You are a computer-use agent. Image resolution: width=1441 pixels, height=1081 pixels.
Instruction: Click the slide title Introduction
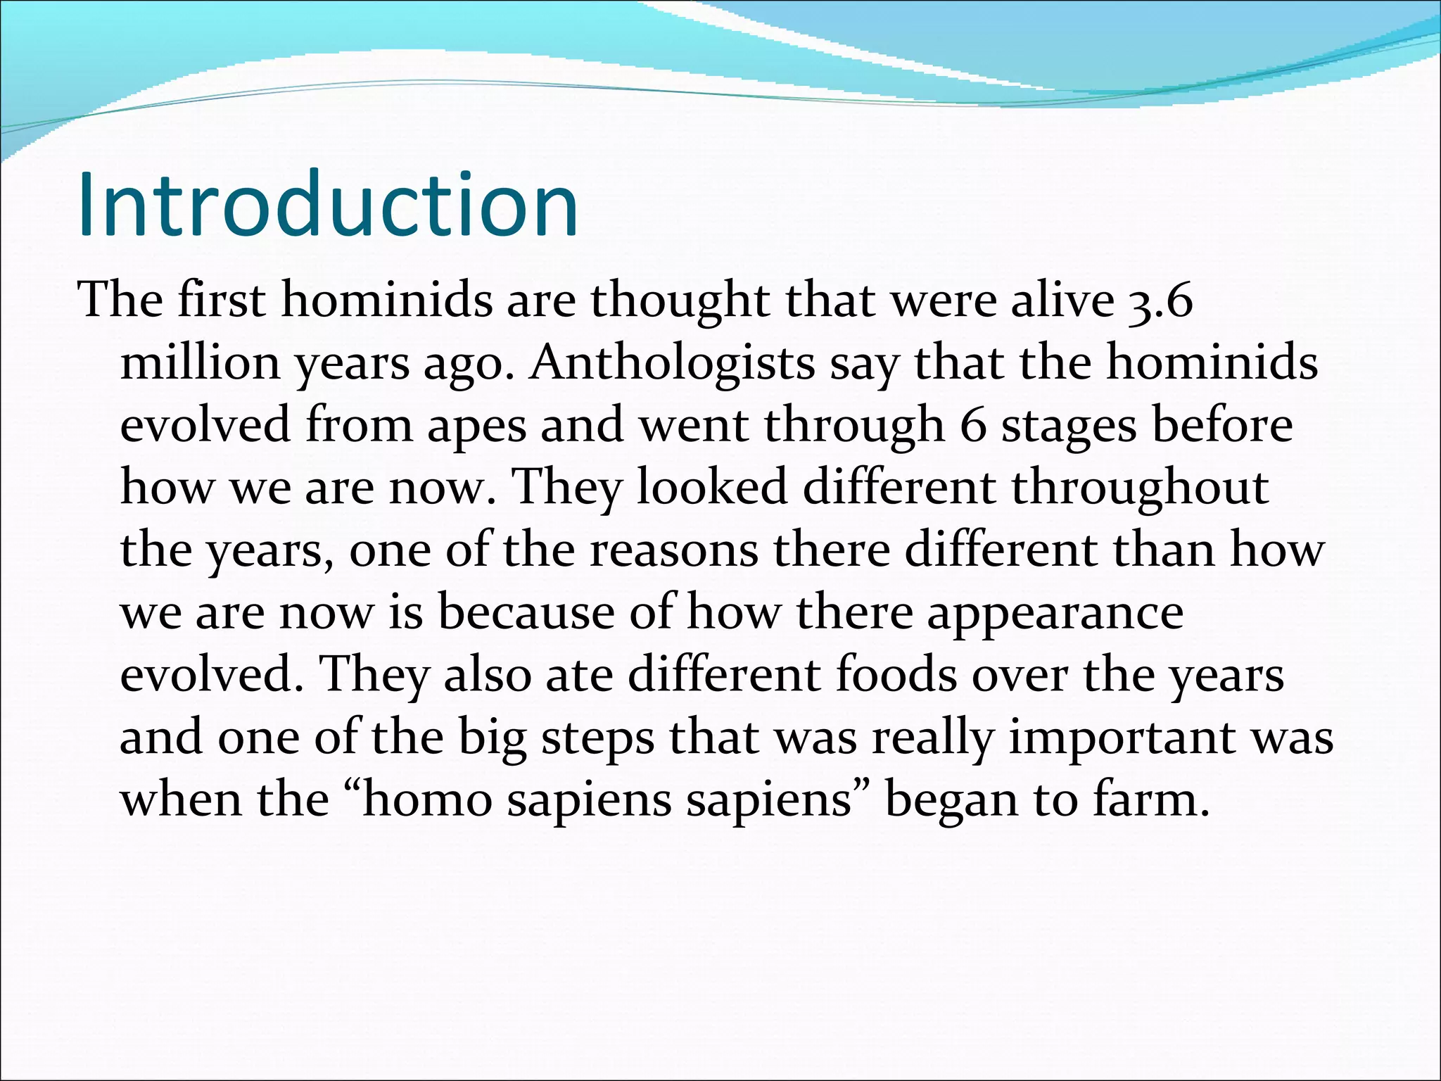[328, 206]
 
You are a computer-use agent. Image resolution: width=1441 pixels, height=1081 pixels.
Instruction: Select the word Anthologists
[672, 364]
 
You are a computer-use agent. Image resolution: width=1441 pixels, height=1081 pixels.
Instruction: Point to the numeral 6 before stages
[973, 426]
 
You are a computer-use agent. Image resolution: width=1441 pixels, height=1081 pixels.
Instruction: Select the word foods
[896, 675]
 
